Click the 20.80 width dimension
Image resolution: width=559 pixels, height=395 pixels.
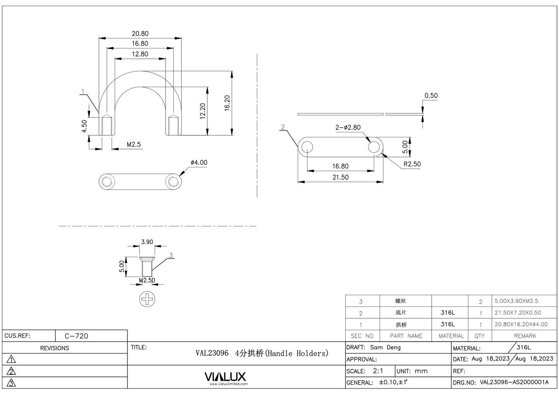click(x=140, y=34)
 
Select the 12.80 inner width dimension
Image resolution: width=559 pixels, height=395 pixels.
click(x=140, y=54)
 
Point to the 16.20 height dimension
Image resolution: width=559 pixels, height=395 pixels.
click(x=227, y=103)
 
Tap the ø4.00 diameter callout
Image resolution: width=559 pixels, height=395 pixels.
click(x=199, y=162)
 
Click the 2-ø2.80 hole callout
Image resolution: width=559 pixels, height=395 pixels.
click(x=348, y=127)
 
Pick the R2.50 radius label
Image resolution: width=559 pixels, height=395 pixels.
click(x=412, y=164)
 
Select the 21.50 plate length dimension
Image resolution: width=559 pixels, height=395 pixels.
click(x=340, y=177)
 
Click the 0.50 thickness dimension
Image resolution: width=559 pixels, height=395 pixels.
click(x=431, y=96)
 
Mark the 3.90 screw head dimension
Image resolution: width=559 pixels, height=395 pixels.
click(x=147, y=242)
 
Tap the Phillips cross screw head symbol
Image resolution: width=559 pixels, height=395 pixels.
click(x=147, y=299)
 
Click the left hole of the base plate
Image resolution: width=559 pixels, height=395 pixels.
click(x=307, y=147)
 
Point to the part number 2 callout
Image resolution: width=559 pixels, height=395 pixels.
click(x=283, y=127)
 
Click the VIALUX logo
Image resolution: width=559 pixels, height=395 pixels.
click(x=225, y=377)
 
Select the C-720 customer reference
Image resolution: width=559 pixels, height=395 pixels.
click(x=76, y=336)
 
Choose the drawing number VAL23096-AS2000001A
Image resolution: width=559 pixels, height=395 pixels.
click(x=514, y=382)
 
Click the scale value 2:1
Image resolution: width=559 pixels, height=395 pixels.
click(x=378, y=371)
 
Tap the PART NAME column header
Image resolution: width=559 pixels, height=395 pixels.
click(x=406, y=336)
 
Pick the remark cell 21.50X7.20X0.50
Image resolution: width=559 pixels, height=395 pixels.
click(x=518, y=313)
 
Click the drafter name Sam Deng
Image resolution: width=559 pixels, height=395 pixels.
click(x=385, y=347)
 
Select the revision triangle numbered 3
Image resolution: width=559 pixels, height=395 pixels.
click(x=12, y=383)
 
